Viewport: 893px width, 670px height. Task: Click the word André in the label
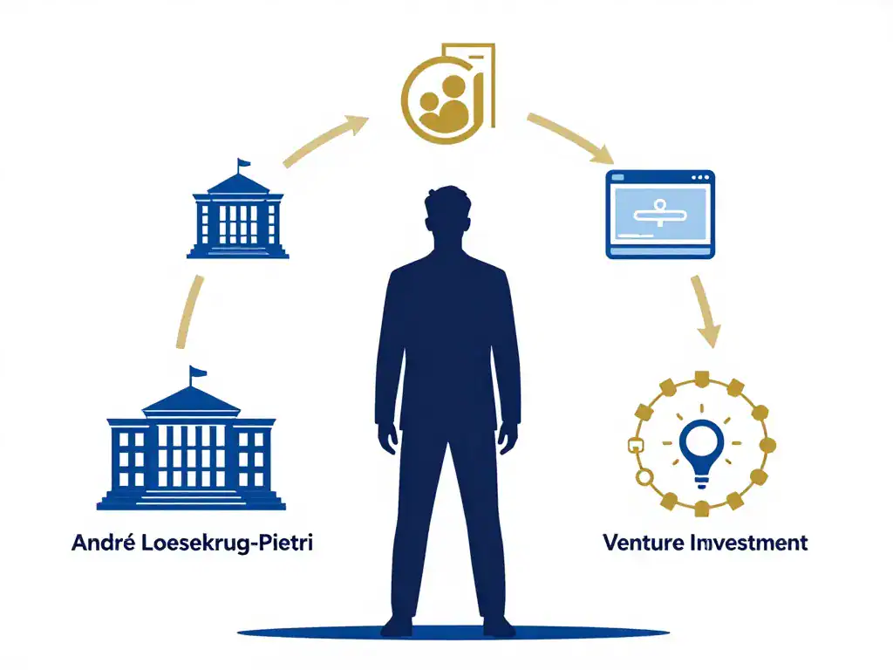click(104, 542)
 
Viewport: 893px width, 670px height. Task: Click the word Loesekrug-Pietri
click(227, 543)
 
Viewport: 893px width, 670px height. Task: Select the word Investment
click(748, 542)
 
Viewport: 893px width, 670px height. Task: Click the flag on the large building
click(197, 373)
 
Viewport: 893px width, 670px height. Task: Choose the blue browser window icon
click(660, 215)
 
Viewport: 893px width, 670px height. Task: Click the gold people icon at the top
click(448, 94)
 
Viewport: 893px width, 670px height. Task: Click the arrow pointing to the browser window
click(570, 137)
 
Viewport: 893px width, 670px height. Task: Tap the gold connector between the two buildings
click(188, 311)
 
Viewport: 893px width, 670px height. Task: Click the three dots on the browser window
click(700, 177)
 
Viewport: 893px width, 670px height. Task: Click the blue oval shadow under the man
click(453, 632)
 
